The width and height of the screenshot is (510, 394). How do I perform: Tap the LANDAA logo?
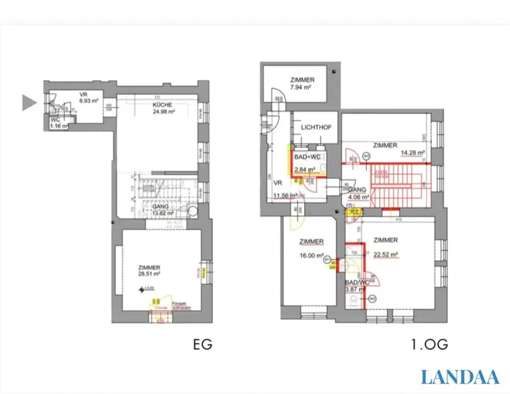pos(460,377)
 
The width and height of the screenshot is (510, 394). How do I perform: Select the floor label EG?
pos(202,345)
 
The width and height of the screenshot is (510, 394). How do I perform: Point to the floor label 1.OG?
pos(429,345)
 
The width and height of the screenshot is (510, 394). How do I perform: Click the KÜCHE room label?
pos(162,105)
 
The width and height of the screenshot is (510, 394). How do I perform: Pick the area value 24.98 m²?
pos(164,112)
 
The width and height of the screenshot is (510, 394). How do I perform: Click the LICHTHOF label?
pos(316,128)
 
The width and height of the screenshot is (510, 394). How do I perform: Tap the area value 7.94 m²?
pos(301,87)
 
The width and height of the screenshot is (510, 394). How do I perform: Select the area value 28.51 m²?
pos(149,274)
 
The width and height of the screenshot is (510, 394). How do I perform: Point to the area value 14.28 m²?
pos(412,153)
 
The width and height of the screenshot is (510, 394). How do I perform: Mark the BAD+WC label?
pos(308,157)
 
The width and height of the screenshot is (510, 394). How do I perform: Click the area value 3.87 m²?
pos(357,289)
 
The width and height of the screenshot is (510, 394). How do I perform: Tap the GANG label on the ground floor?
pos(160,206)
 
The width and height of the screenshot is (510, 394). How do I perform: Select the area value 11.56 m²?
pos(285,196)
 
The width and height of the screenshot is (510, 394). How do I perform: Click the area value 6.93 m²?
pos(88,101)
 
